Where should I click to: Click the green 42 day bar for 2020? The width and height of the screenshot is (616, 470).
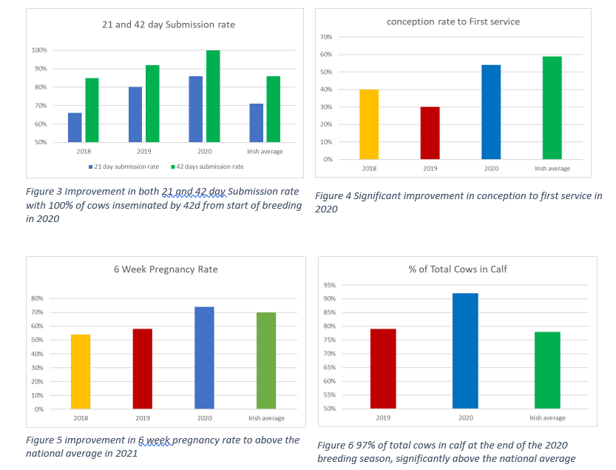point(213,96)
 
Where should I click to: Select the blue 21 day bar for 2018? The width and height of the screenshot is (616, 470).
point(75,127)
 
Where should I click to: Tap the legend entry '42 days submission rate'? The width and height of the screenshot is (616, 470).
point(207,167)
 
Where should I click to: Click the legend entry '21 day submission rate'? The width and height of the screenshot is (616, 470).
point(123,167)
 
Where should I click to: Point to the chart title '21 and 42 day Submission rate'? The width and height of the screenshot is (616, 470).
point(169,24)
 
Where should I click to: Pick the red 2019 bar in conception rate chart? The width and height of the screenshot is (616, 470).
point(430,133)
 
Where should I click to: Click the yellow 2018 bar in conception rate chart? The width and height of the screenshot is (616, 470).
point(369,124)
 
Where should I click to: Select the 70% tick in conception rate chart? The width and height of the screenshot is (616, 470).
point(326,37)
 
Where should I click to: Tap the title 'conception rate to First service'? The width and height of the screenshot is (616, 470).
point(453,21)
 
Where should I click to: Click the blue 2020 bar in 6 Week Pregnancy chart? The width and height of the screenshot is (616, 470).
point(204,358)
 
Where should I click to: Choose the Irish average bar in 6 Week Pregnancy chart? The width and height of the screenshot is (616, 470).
point(266,360)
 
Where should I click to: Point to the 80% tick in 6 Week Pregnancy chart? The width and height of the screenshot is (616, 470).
point(37,298)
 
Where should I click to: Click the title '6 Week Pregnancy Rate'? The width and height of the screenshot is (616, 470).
point(166,269)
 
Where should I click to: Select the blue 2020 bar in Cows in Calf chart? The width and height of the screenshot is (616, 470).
point(465,351)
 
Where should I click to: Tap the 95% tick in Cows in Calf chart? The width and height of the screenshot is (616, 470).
point(330,285)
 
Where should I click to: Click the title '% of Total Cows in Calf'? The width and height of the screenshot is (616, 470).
point(458,269)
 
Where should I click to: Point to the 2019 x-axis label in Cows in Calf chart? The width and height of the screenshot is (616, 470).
point(383,417)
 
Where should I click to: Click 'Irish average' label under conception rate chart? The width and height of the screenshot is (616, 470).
point(552,168)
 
